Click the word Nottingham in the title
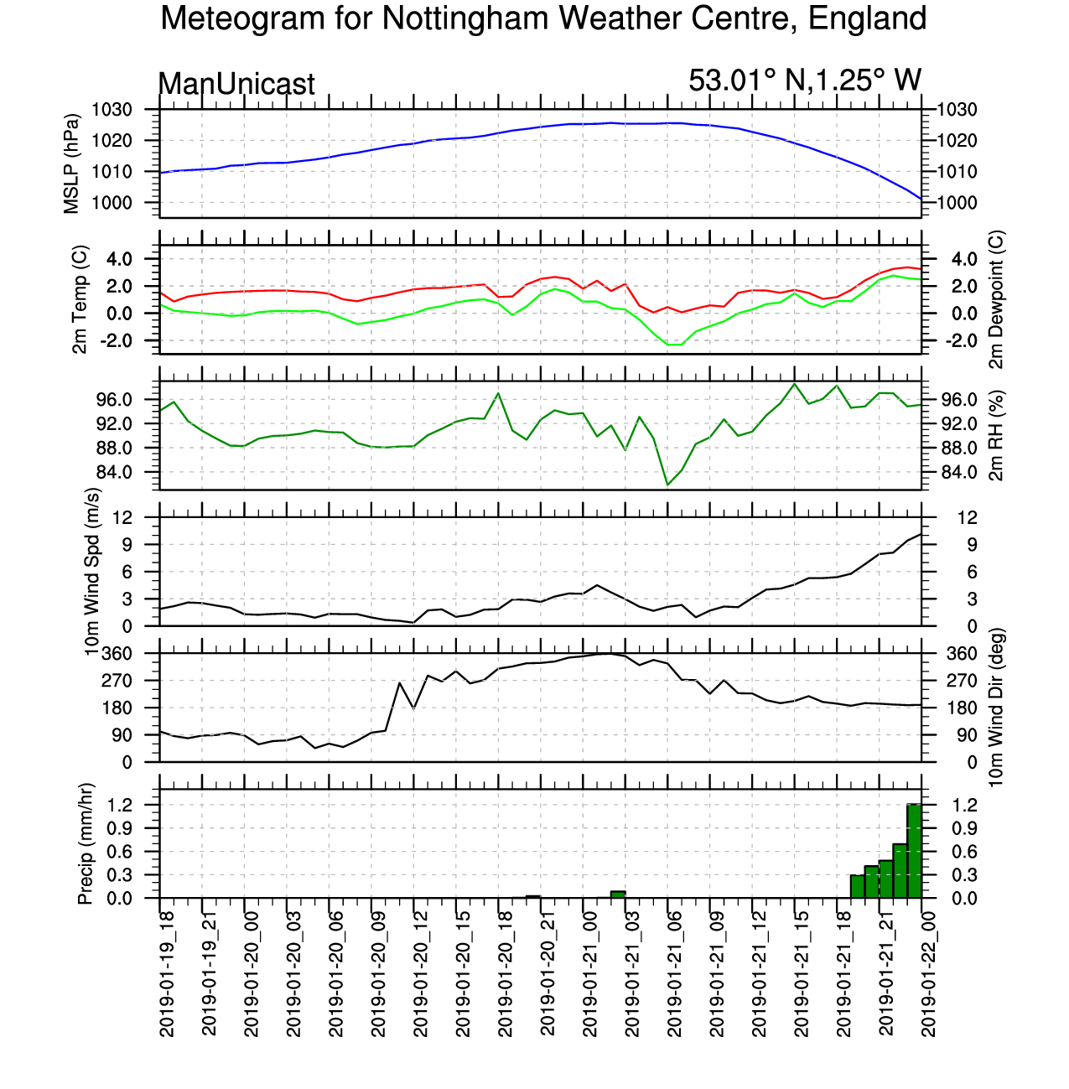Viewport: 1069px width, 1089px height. (464, 19)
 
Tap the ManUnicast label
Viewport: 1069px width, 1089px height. (236, 84)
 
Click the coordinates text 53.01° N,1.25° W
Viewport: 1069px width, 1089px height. (804, 80)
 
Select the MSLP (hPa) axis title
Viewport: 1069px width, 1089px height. (71, 164)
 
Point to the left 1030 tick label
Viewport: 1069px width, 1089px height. (112, 110)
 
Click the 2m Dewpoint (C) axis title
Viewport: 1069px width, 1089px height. (996, 299)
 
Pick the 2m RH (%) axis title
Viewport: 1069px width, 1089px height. (996, 436)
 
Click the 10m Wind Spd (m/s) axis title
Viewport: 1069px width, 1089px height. (91, 572)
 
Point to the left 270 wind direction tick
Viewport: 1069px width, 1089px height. (118, 681)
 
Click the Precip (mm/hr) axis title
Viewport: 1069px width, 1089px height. (85, 843)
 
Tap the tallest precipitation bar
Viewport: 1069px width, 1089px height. (914, 851)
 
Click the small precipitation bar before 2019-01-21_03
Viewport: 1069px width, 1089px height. (618, 895)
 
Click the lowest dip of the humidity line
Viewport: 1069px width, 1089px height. (667, 485)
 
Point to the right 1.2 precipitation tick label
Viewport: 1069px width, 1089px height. (964, 805)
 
